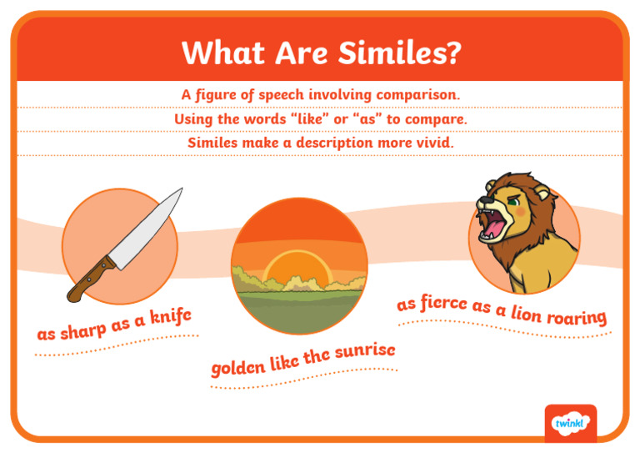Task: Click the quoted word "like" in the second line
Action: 299,118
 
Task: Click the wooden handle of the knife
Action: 92,279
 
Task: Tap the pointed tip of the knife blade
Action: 182,189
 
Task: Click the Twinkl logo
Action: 571,423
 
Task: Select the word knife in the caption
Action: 171,317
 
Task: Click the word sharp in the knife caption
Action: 83,330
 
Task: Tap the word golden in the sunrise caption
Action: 238,367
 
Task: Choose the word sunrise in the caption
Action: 363,351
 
